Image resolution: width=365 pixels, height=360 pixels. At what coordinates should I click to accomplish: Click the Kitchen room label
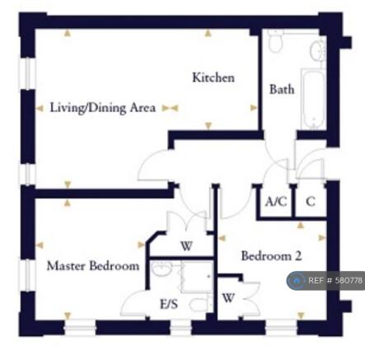[x=213, y=77]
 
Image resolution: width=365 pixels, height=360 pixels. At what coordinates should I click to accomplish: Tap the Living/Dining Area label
[x=102, y=107]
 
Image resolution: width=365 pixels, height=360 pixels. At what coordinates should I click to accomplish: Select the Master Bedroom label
[x=93, y=266]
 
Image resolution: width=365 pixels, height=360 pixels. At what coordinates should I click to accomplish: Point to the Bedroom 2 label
[x=271, y=256]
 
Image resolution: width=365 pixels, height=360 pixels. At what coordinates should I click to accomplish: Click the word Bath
[x=282, y=89]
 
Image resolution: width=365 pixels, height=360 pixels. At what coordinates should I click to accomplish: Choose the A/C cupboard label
[x=276, y=202]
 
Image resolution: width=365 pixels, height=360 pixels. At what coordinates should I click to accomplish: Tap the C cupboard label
[x=311, y=202]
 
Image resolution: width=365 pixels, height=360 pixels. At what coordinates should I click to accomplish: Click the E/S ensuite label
[x=169, y=304]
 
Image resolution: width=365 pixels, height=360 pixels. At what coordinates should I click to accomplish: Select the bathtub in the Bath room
[x=314, y=99]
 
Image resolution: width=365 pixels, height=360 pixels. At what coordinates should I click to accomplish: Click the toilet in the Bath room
[x=275, y=41]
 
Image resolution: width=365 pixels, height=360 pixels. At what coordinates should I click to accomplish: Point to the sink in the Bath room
[x=318, y=51]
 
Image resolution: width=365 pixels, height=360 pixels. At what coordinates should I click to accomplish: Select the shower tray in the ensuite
[x=197, y=277]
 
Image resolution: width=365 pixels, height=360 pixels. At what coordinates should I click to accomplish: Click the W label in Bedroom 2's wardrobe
[x=228, y=297]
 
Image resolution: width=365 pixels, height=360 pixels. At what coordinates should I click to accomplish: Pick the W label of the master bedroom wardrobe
[x=186, y=246]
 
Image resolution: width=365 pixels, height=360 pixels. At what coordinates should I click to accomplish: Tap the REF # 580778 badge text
[x=335, y=280]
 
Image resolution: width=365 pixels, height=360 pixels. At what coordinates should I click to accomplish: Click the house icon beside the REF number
[x=296, y=280]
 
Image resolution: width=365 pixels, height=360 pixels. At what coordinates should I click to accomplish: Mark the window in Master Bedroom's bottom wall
[x=80, y=328]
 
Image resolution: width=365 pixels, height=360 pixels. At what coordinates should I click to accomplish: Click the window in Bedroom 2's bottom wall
[x=282, y=328]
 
